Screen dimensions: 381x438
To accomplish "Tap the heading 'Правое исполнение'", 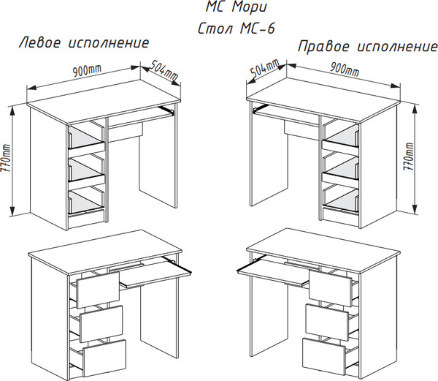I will click(367, 47).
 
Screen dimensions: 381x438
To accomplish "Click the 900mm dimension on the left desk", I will click(87, 70).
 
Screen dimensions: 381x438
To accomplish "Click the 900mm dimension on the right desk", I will click(344, 70).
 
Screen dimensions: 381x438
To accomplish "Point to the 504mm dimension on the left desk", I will click(163, 70).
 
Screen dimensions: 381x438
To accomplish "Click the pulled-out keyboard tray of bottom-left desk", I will click(154, 275).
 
